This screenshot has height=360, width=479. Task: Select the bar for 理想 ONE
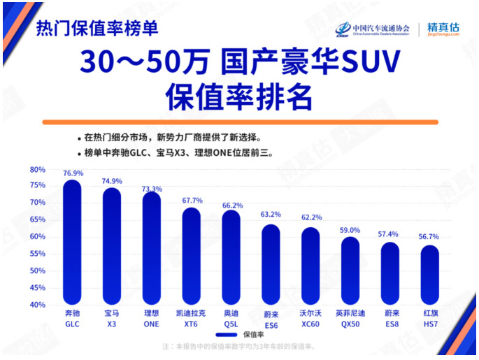152,248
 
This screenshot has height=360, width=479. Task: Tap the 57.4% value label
390,234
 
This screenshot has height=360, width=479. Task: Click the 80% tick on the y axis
37,169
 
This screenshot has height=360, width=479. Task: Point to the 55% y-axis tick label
37,254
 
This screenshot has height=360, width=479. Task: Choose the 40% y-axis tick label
37,305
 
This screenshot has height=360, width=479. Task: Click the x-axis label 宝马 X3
112,319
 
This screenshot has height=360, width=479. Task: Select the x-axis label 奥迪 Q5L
231,319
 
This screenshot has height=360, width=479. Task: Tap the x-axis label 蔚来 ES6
271,319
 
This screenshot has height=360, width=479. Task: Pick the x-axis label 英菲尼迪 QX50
350,319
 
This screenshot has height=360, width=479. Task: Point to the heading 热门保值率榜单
97,29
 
